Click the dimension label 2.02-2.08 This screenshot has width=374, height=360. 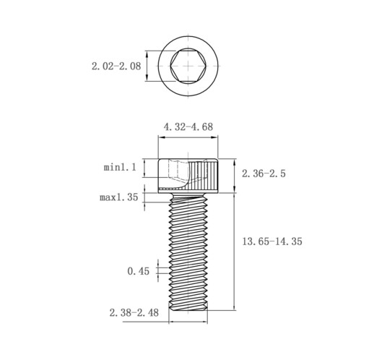pyautogui.click(x=116, y=66)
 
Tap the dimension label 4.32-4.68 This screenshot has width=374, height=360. pyautogui.click(x=188, y=127)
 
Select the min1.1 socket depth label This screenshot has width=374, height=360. pyautogui.click(x=120, y=167)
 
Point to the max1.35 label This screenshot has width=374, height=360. pyautogui.click(x=119, y=197)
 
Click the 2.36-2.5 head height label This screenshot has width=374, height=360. pyautogui.click(x=264, y=173)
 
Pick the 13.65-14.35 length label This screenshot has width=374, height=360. pyautogui.click(x=271, y=241)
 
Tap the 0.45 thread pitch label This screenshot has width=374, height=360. pyautogui.click(x=138, y=271)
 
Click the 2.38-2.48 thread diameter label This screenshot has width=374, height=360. pyautogui.click(x=134, y=313)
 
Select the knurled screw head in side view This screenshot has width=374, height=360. pyautogui.click(x=188, y=176)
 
